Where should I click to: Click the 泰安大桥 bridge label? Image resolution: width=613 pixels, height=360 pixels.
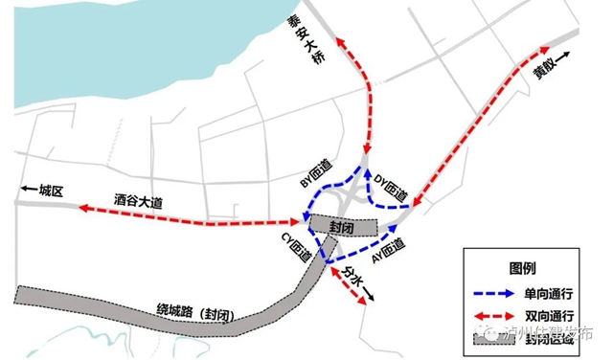pyautogui.click(x=319, y=43)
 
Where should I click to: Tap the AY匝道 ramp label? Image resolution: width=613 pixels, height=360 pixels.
pyautogui.click(x=387, y=252)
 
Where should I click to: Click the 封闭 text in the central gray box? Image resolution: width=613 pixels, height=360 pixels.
pyautogui.click(x=342, y=227)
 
